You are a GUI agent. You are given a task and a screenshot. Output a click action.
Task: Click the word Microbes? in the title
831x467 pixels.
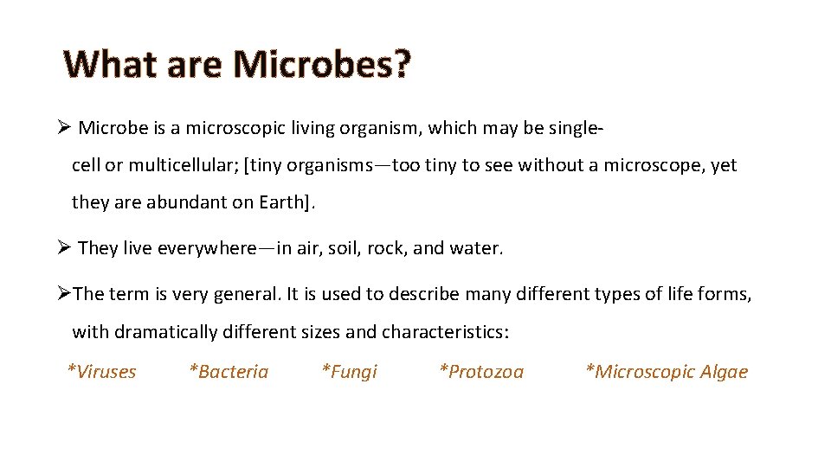pyautogui.click(x=322, y=65)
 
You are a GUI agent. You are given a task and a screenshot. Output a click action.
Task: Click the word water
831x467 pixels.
pyautogui.click(x=475, y=249)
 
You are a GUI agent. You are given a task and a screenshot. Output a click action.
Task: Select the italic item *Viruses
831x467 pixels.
pyautogui.click(x=102, y=372)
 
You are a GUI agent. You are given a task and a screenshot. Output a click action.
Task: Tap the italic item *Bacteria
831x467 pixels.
pyautogui.click(x=229, y=372)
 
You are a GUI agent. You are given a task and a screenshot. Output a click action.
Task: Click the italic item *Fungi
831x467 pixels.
pyautogui.click(x=349, y=372)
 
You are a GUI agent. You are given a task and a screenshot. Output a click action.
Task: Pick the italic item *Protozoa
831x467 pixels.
pyautogui.click(x=481, y=372)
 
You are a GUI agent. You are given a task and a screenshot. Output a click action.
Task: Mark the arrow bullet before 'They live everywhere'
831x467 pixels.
pyautogui.click(x=62, y=248)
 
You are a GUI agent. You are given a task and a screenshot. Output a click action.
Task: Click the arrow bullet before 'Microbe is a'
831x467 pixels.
pyautogui.click(x=62, y=128)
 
